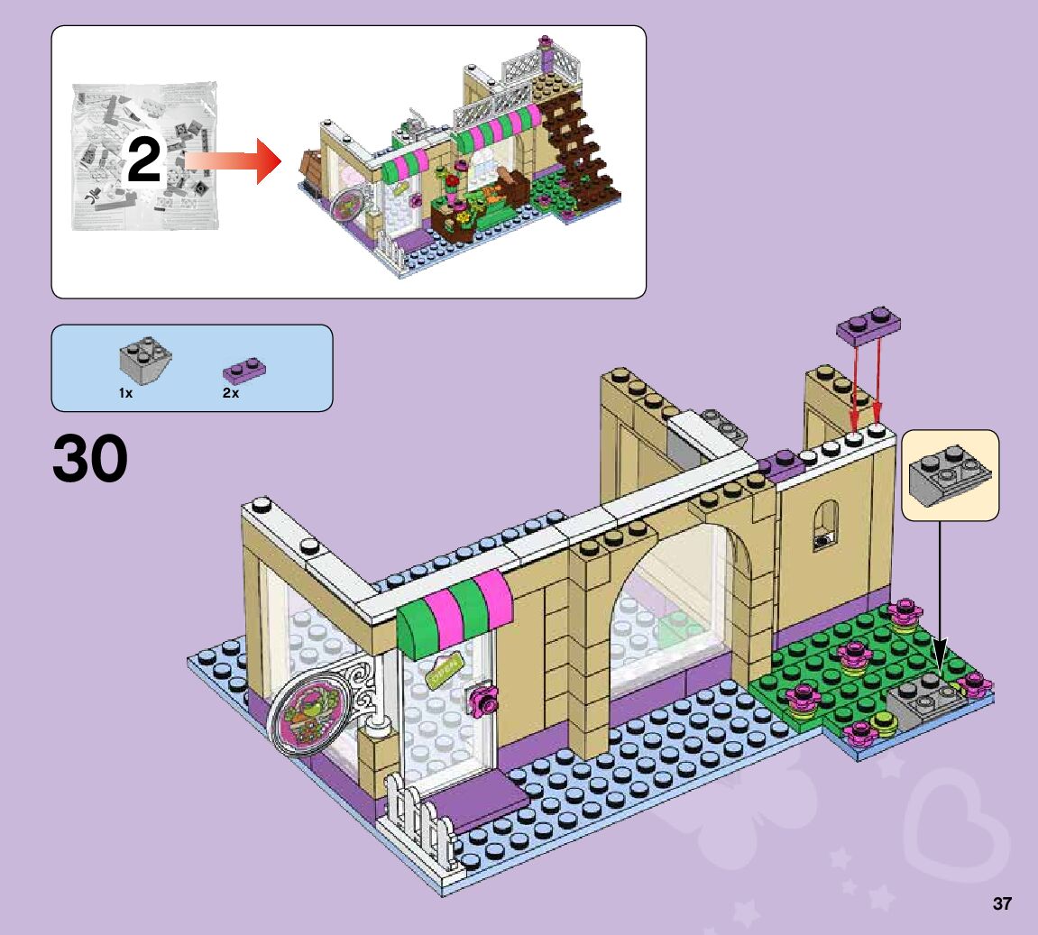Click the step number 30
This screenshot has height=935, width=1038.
(x=90, y=461)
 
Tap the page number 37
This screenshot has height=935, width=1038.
(x=1002, y=903)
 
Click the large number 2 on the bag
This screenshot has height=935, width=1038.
(x=143, y=160)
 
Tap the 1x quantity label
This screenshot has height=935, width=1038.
(x=125, y=394)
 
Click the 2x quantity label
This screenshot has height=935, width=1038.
(x=231, y=394)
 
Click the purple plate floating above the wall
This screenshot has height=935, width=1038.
(x=869, y=325)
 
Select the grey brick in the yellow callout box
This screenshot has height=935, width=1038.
(x=950, y=476)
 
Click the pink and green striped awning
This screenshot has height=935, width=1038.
(x=454, y=612)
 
